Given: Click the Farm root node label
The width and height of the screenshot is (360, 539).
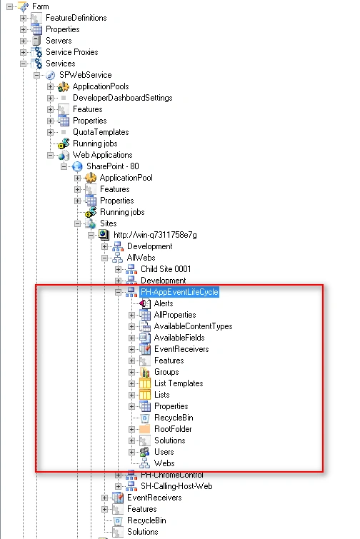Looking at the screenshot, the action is [x=40, y=6].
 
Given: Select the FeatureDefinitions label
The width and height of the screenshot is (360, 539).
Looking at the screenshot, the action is [x=76, y=18].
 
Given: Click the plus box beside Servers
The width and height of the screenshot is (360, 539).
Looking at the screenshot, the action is [x=23, y=41].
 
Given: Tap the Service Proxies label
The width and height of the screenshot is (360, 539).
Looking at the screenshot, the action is [x=72, y=52].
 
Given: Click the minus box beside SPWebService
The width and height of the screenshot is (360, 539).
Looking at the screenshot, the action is [x=37, y=75].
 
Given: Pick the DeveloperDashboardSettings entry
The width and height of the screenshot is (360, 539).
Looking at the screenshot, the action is [x=122, y=98].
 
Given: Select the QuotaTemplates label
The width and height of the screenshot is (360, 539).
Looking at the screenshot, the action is [x=101, y=132].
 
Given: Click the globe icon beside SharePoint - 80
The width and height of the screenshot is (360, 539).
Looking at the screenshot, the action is [x=77, y=167].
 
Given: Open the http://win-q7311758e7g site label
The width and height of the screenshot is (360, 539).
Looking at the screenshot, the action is [x=155, y=235].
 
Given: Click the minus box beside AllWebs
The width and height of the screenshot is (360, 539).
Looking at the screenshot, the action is [x=104, y=258].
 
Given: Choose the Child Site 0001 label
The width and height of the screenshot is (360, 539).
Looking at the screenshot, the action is [x=166, y=269].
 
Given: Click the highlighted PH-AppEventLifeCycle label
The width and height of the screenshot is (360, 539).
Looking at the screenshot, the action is [x=179, y=292].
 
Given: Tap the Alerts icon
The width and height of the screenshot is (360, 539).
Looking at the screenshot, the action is [x=145, y=303].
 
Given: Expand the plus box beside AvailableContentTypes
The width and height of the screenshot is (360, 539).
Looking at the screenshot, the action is [x=131, y=326].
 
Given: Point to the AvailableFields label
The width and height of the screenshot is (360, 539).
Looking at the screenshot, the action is [x=179, y=338].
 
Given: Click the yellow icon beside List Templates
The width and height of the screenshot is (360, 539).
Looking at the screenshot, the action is [x=145, y=383].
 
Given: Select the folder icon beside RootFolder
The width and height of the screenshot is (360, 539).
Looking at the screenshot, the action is [x=145, y=429].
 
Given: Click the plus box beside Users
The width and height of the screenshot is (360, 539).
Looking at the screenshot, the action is [x=131, y=452].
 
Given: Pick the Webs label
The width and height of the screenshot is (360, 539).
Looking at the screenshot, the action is [x=164, y=463].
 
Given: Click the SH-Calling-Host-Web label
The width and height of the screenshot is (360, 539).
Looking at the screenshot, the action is [x=176, y=486].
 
